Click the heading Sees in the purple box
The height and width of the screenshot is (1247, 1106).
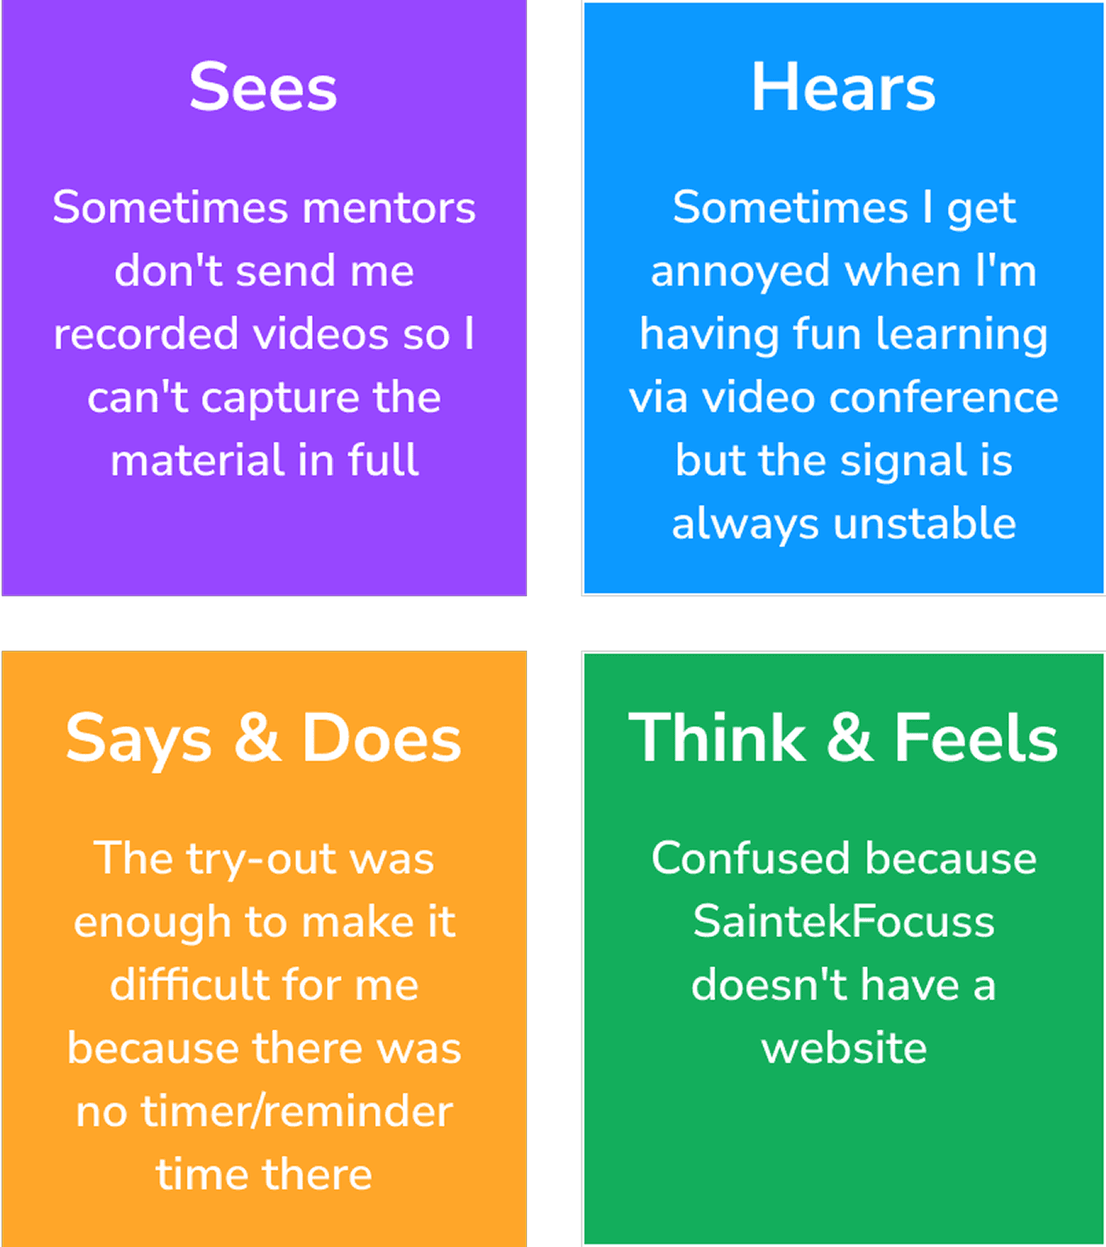[263, 88]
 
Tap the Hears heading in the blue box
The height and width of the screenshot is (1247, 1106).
[842, 88]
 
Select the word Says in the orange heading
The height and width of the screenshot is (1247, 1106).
[139, 739]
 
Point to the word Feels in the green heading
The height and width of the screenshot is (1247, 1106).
[976, 738]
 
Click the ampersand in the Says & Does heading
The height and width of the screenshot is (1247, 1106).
[257, 738]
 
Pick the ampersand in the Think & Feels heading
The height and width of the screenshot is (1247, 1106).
[849, 738]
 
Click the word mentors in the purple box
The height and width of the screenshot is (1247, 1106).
[388, 208]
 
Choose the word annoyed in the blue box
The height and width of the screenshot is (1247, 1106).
[740, 271]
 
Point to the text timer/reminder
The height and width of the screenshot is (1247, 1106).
[297, 1112]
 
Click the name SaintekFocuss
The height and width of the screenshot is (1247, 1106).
[843, 922]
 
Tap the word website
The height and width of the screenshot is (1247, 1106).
[843, 1049]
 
